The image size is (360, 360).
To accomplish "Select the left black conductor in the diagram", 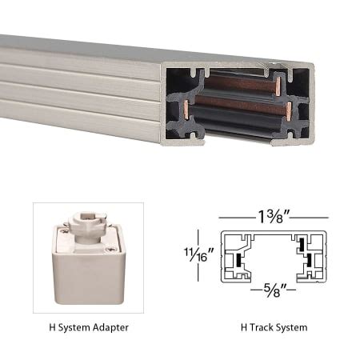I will tap(239, 262).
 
